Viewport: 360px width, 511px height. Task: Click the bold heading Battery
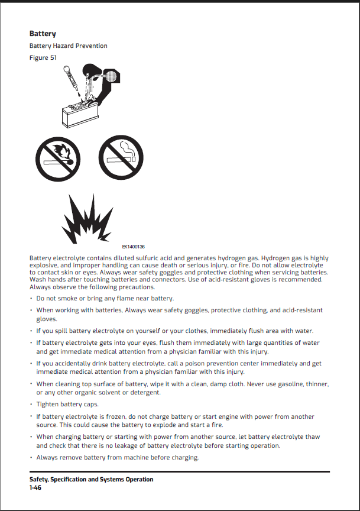pos(43,34)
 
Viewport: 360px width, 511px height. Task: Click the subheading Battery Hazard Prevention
pos(68,46)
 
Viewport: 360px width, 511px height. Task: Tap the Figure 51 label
pos(43,57)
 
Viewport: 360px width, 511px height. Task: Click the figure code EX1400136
pos(134,247)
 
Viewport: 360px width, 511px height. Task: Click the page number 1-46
pos(37,487)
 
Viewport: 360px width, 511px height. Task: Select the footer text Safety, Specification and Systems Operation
pos(91,479)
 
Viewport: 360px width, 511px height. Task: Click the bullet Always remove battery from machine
pos(117,457)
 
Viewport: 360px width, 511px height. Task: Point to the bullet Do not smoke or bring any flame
pos(105,297)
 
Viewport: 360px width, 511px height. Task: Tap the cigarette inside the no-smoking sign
pos(121,159)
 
